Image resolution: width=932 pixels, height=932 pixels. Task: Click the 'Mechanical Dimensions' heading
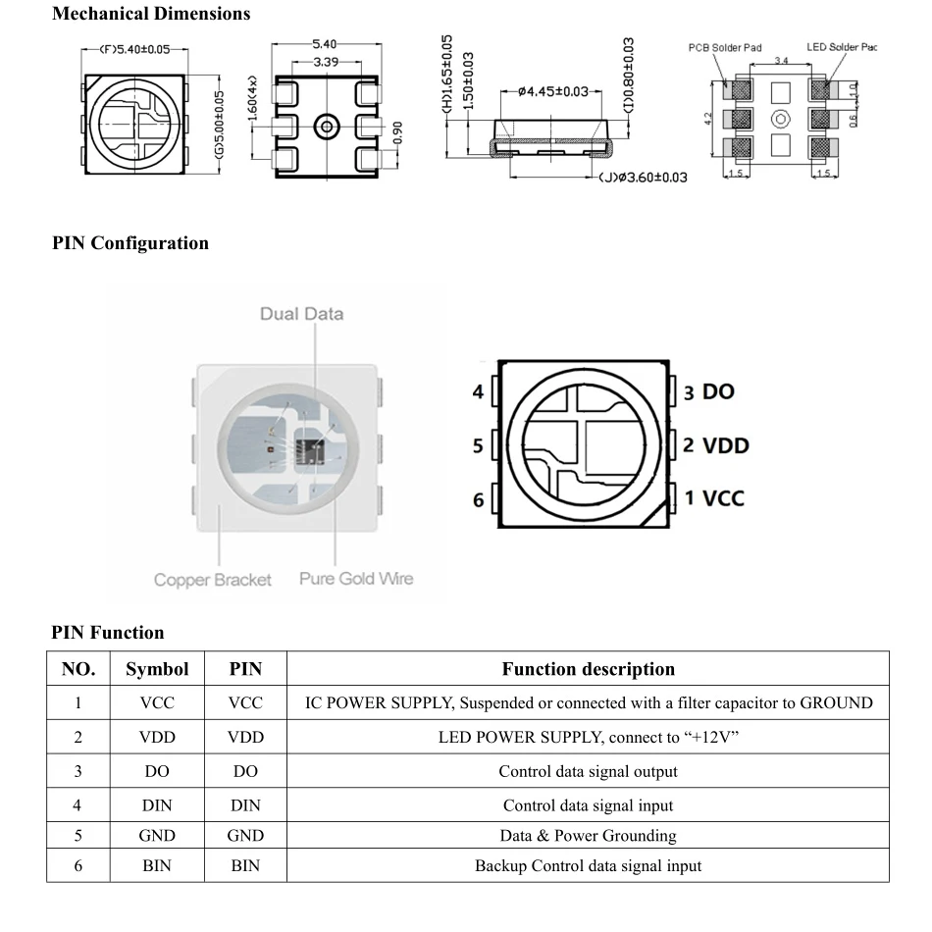[x=150, y=14]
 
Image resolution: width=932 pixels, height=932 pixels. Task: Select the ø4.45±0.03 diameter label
[x=552, y=91]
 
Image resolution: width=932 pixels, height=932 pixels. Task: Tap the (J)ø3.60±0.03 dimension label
[x=643, y=178]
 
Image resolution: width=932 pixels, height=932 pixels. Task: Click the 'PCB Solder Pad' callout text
[x=724, y=47]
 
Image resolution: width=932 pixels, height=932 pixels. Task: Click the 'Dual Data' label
[x=301, y=314]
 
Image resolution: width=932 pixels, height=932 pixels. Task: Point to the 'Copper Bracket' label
[x=212, y=580]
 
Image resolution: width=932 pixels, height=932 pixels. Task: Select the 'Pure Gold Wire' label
[x=356, y=579]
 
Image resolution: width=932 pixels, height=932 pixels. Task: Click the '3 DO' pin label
[x=708, y=391]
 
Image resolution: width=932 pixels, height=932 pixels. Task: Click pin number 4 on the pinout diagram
[x=478, y=392]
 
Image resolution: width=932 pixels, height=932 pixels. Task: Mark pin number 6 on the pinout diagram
[x=478, y=500]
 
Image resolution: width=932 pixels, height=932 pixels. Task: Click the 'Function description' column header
[x=588, y=669]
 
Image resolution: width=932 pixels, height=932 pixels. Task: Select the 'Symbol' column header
[x=157, y=669]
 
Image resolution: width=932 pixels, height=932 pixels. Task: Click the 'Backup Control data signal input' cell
[x=588, y=865]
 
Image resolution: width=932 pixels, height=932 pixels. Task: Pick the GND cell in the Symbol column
[x=157, y=836]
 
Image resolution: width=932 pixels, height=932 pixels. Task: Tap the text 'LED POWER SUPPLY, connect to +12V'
[x=588, y=737]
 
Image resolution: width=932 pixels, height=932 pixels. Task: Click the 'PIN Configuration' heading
[x=129, y=243]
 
